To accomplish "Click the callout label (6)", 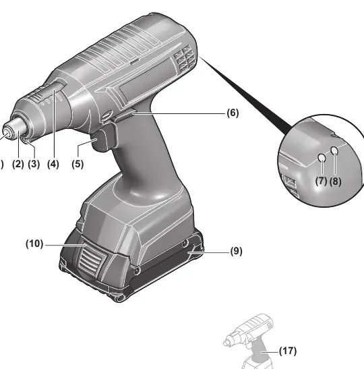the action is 233,113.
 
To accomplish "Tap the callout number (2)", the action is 18,164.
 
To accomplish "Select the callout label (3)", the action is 34,164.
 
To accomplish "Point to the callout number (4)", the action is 53,164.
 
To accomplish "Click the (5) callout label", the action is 78,164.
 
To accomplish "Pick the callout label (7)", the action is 322,181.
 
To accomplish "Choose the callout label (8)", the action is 335,181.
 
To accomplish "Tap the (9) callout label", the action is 236,251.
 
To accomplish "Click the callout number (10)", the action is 34,244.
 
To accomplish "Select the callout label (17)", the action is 288,351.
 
